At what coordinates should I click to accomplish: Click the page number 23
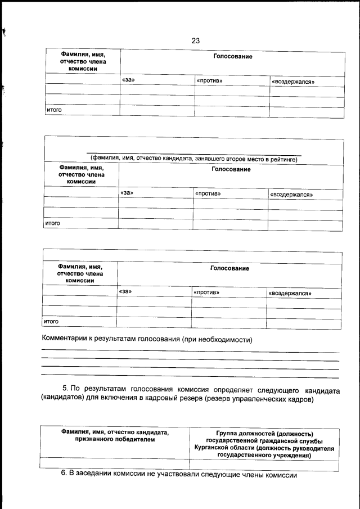pyautogui.click(x=196, y=40)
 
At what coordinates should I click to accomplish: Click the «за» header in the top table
pyautogui.click(x=128, y=80)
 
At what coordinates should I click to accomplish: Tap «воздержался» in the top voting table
pyautogui.click(x=292, y=82)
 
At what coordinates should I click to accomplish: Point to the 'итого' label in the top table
pyautogui.click(x=53, y=110)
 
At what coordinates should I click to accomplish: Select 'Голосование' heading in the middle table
pyautogui.click(x=231, y=169)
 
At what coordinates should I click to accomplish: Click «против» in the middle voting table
pyautogui.click(x=208, y=193)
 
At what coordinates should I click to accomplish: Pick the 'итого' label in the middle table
pyautogui.click(x=52, y=223)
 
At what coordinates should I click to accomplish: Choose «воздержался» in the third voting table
pyautogui.click(x=290, y=294)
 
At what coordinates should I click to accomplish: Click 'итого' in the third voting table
pyautogui.click(x=52, y=322)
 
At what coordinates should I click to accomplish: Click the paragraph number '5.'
pyautogui.click(x=65, y=389)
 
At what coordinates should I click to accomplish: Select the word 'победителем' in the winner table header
pyautogui.click(x=114, y=440)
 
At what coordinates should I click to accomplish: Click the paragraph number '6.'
pyautogui.click(x=64, y=475)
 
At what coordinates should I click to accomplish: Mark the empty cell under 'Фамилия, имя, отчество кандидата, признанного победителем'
pyautogui.click(x=114, y=465)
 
